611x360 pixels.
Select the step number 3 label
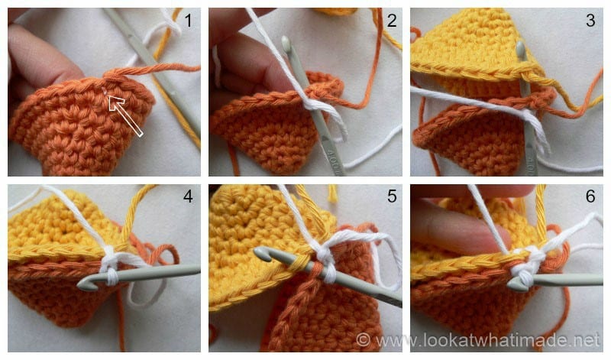click(590, 22)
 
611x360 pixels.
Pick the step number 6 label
click(590, 197)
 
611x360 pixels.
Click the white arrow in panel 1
click(127, 115)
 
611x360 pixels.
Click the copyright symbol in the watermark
click(364, 338)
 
